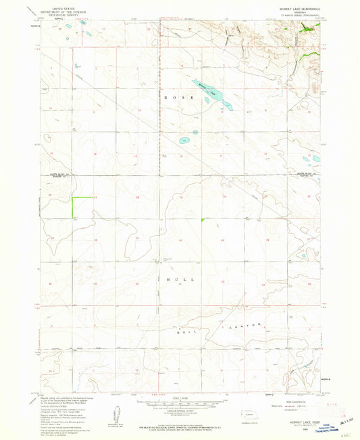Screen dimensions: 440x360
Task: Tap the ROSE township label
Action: [182, 98]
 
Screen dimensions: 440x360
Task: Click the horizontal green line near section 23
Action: [82, 197]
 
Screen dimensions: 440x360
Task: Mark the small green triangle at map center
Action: [203, 220]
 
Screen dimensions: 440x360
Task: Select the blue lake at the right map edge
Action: [315, 160]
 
